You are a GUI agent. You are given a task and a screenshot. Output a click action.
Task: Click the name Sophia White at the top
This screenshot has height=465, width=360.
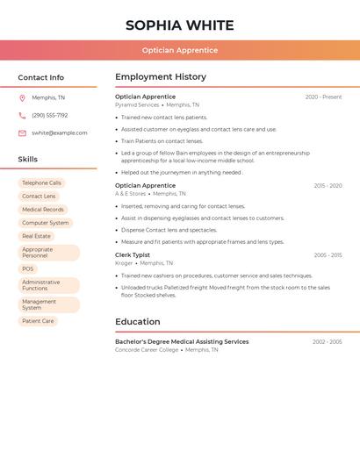coord(179,25)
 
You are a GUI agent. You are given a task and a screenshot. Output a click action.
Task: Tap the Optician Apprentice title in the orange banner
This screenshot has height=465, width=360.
coord(179,50)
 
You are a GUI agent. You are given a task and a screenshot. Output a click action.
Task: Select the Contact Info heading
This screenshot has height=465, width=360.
coord(40,77)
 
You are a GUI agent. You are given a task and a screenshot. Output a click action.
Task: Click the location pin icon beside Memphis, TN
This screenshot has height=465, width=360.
coord(22,98)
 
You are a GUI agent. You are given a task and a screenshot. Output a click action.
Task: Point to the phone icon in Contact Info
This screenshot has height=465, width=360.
coord(22,115)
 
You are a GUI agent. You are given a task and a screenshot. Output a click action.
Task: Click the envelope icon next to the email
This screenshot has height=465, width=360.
coord(22,133)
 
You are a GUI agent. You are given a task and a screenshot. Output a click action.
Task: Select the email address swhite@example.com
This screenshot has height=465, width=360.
coord(60,133)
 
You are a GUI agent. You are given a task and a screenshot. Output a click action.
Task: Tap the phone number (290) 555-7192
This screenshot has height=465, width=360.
coord(49,115)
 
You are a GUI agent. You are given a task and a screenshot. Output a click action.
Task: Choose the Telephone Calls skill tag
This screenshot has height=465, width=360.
coord(41,183)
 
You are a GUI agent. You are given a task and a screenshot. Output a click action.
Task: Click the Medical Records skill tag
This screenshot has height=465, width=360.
coord(42,210)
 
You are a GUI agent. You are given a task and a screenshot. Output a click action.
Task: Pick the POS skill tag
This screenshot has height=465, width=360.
coord(28,269)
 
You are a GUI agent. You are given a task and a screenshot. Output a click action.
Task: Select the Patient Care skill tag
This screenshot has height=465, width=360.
coord(38,321)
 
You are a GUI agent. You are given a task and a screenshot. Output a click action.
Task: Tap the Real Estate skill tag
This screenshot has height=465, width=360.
coord(36,236)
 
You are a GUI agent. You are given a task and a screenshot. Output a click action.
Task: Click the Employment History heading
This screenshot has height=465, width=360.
coord(161,77)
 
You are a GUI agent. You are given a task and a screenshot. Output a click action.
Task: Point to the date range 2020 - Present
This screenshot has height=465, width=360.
coord(323,97)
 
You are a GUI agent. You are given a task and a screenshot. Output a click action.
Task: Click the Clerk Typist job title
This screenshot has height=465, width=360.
coord(133,255)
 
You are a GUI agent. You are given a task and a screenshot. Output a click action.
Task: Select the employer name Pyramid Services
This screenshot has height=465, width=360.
coord(137,105)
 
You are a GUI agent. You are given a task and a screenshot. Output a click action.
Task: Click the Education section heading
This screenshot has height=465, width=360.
coord(138,322)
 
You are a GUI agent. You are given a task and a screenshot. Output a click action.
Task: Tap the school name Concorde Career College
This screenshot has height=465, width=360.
coord(147,350)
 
